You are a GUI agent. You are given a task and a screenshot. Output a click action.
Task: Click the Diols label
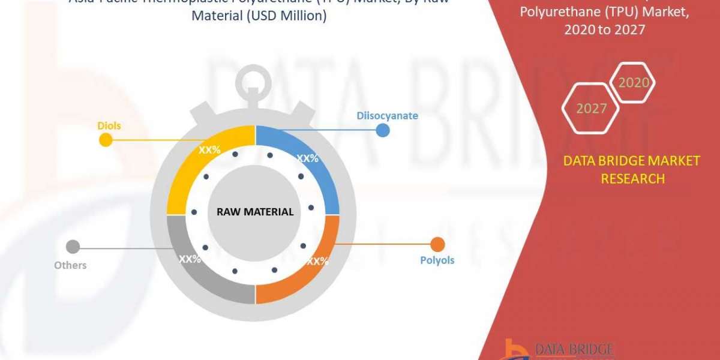tap(109, 125)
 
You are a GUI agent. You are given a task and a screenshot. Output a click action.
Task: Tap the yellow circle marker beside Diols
tap(106, 140)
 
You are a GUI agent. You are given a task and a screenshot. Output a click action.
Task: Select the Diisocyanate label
tap(387, 115)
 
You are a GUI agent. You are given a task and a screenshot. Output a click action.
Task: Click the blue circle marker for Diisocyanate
tap(383, 130)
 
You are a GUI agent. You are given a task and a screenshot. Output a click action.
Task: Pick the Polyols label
tap(437, 260)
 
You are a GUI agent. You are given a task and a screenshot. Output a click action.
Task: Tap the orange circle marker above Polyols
tap(438, 244)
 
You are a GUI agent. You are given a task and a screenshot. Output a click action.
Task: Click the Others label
tap(70, 265)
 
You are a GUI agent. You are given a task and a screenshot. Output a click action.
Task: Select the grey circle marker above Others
tap(73, 247)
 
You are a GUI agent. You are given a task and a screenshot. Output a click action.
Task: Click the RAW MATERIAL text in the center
tap(254, 211)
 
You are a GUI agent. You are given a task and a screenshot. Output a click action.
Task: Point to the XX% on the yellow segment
tap(209, 150)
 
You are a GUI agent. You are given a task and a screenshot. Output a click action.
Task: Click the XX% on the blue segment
tap(307, 158)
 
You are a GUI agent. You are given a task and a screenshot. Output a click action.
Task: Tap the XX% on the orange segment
tap(317, 261)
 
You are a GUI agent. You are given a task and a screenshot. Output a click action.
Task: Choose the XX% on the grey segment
tap(190, 259)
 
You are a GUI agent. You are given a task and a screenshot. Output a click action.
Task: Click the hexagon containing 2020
tap(632, 82)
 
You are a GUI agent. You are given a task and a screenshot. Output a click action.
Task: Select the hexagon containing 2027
tap(590, 109)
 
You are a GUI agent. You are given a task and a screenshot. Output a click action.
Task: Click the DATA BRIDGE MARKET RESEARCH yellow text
tap(632, 169)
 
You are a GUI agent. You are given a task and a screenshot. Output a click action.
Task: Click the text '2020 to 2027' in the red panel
tap(604, 29)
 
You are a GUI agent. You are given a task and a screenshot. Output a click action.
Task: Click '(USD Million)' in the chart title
tap(259, 16)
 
